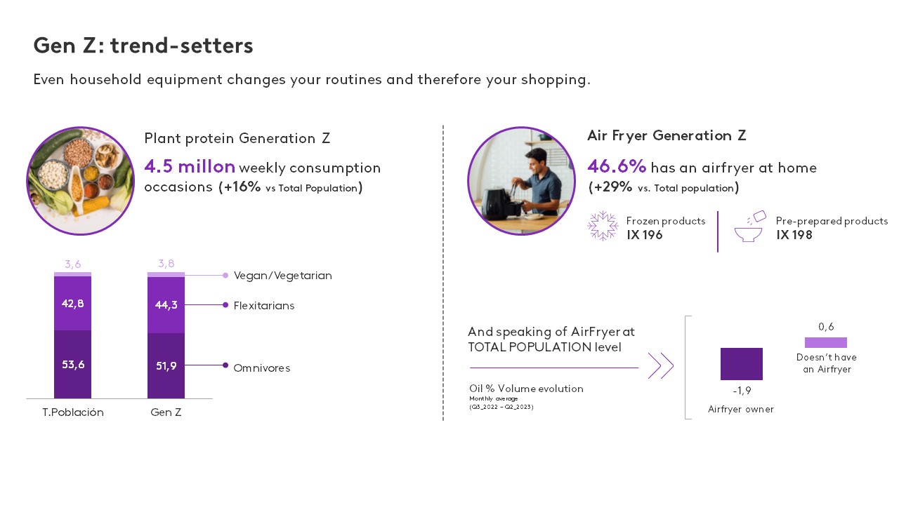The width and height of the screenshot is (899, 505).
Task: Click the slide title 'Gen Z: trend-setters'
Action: click(x=143, y=46)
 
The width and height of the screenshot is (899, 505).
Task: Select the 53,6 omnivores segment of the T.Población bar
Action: click(x=72, y=364)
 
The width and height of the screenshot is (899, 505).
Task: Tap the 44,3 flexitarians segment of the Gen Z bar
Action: click(x=166, y=305)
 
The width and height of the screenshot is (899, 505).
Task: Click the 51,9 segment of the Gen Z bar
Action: click(x=166, y=366)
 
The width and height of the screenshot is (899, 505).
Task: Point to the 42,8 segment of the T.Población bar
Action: click(x=72, y=304)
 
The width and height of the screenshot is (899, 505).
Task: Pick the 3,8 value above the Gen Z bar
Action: click(x=166, y=263)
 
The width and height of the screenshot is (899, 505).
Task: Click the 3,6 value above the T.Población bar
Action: click(x=72, y=264)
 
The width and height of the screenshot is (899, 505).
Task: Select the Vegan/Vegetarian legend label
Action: click(x=282, y=276)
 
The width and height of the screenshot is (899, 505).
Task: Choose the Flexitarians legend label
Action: click(x=263, y=306)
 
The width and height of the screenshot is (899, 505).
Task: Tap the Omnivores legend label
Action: click(x=262, y=368)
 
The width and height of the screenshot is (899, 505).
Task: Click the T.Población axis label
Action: click(x=73, y=412)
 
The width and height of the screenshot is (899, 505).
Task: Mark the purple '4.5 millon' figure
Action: click(x=190, y=166)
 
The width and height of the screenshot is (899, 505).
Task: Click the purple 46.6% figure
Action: click(x=617, y=166)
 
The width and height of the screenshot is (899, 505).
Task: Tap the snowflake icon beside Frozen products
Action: click(x=603, y=226)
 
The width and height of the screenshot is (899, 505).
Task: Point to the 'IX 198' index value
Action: click(x=794, y=235)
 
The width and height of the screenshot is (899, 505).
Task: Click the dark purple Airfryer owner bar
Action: click(x=741, y=364)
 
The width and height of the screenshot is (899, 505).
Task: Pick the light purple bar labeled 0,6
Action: click(x=825, y=343)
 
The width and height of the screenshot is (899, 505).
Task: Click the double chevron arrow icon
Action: click(x=661, y=365)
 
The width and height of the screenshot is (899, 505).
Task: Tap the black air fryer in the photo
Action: click(x=499, y=206)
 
